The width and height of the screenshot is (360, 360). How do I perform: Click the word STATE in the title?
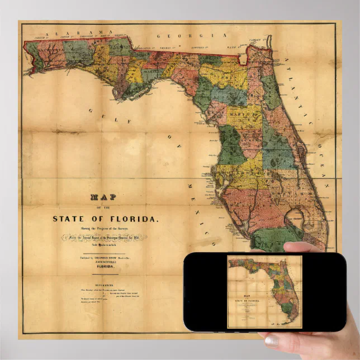(70, 219)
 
